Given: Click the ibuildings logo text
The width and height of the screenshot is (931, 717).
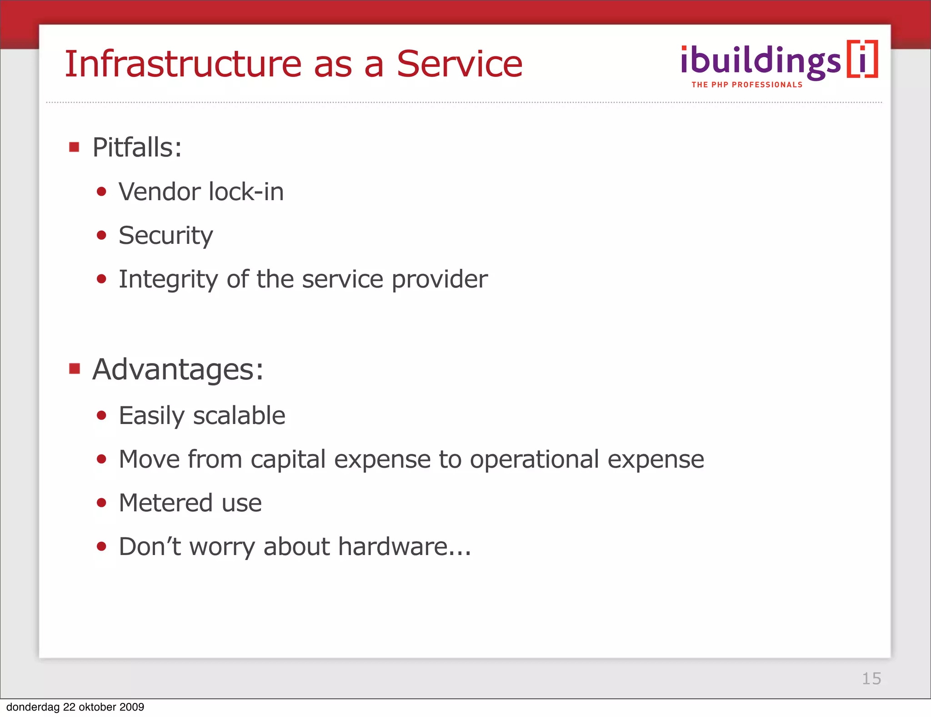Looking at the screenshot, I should coord(761,61).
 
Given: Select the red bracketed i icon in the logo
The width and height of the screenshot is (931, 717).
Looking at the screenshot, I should coord(862,60).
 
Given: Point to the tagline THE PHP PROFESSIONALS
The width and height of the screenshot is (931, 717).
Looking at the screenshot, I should coord(747,85).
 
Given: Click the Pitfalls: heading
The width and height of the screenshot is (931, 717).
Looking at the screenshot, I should coord(137,147).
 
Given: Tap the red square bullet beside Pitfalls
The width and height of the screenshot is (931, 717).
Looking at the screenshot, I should coord(74,147).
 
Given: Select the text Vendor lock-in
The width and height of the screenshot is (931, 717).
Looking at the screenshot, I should coord(201,192).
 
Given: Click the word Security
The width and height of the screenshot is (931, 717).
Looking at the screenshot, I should coord(165,236).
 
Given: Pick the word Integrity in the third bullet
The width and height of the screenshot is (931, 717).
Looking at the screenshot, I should coord(168,279).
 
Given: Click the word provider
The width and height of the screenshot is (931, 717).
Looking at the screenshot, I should coord(440,279).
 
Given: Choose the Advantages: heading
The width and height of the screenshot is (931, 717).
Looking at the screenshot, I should coord(178,369).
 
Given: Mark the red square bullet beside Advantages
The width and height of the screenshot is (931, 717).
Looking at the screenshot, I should coord(74,368).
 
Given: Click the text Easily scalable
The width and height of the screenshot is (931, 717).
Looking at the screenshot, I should coord(202,416).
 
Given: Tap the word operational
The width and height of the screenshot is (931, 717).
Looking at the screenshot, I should coord(534,459).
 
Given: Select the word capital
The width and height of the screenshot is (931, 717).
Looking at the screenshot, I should coord(288,459).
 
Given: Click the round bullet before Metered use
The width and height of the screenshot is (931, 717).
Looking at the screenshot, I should coord(101,503).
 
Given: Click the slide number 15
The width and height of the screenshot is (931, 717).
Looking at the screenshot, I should coord(871,678).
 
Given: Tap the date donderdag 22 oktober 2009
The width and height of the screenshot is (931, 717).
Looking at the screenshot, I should coord(75,707).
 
